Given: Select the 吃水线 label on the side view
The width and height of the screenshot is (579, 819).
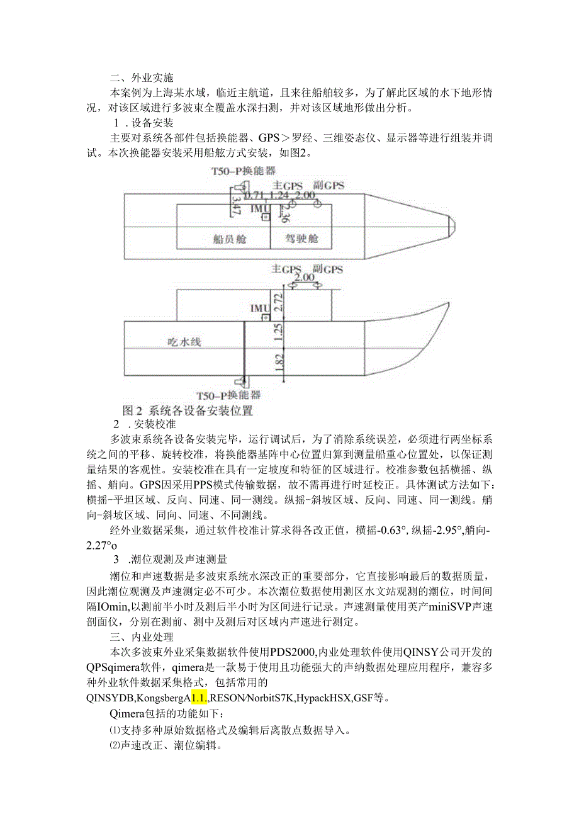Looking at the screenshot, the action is click(183, 341).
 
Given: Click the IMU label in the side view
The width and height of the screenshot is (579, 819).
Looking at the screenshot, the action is click(259, 308).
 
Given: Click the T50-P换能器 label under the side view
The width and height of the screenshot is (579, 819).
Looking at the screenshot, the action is click(228, 395).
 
